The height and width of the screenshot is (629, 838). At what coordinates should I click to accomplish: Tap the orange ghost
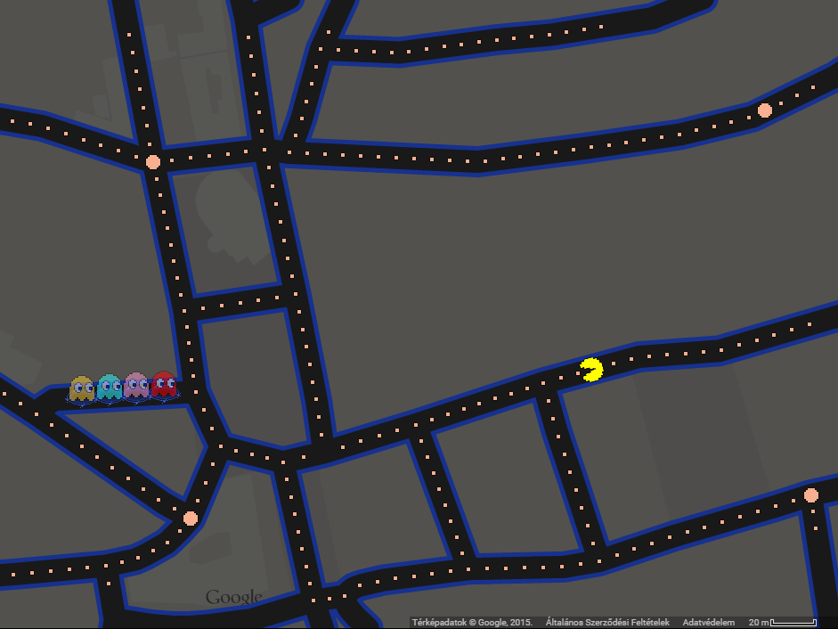tap(81, 388)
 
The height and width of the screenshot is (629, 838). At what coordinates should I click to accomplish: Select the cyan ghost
tap(109, 387)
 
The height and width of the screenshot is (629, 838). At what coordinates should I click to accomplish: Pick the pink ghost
tap(136, 385)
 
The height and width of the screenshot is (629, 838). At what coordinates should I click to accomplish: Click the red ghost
tap(163, 384)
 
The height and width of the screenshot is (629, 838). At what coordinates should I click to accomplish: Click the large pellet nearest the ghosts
tap(190, 518)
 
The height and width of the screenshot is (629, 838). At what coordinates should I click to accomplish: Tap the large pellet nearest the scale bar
tap(810, 494)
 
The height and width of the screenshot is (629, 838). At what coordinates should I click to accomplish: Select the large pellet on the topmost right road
tap(764, 110)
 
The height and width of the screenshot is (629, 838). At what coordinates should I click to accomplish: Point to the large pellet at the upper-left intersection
tap(153, 162)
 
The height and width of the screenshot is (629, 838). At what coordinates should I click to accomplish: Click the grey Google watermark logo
tap(234, 597)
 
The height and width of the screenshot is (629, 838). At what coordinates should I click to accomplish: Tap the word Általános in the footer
tap(565, 623)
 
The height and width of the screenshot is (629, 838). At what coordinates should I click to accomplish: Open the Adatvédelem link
tap(709, 623)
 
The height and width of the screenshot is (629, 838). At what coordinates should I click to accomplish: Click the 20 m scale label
tap(758, 623)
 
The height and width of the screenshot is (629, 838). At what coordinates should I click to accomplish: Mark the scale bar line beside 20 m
tap(793, 623)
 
